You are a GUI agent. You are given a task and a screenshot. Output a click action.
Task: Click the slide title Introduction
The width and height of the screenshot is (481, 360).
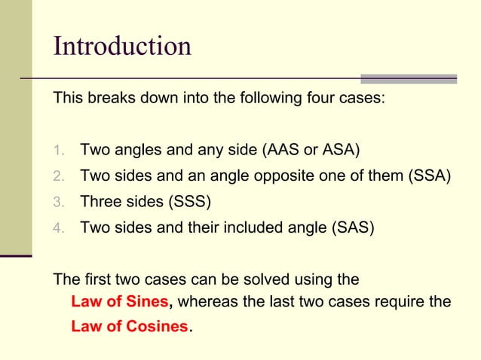coord(122,46)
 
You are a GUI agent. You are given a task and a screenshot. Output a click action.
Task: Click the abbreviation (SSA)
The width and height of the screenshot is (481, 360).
coord(429,177)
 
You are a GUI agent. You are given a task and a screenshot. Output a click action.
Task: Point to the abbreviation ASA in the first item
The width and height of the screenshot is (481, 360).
coord(339,149)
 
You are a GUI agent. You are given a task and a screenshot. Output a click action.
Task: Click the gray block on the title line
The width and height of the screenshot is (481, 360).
coord(409,78)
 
